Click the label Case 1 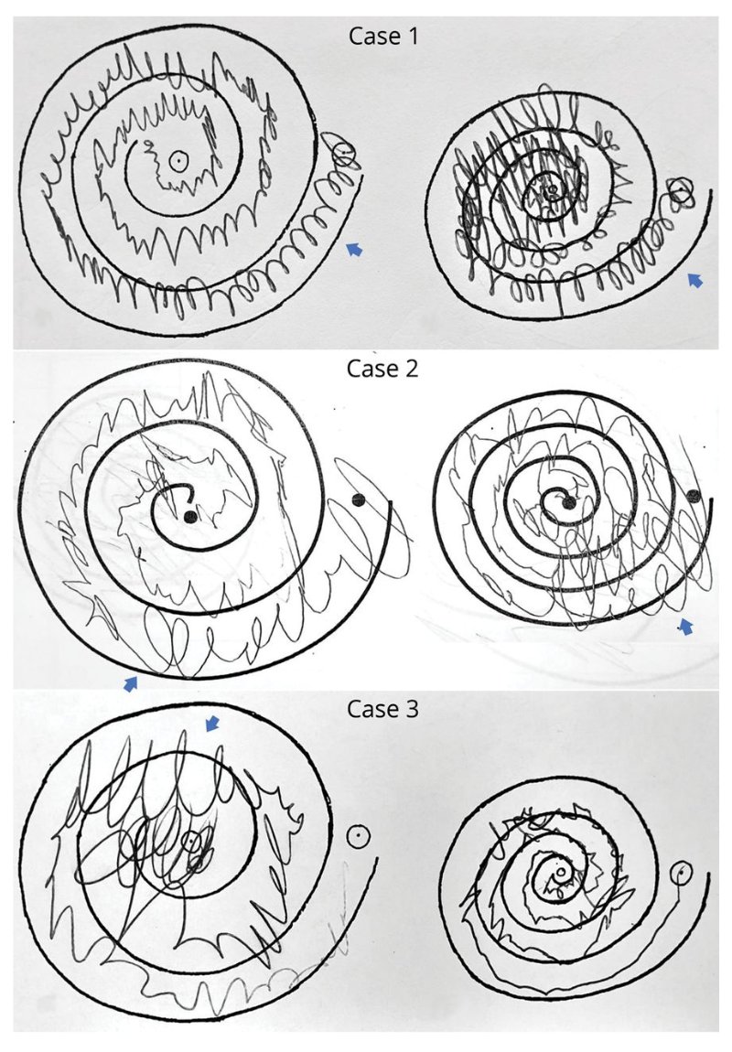[383, 36]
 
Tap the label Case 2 [382, 369]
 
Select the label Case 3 [382, 708]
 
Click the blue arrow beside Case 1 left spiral [354, 249]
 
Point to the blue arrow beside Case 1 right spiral [696, 281]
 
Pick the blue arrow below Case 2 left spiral [131, 683]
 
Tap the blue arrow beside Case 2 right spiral [685, 627]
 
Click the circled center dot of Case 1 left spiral [178, 160]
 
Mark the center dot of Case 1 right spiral [552, 189]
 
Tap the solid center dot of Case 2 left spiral [190, 517]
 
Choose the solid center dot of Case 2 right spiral [569, 505]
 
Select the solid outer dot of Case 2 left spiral [358, 499]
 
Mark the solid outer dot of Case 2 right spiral [694, 496]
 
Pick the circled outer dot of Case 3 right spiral [682, 872]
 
